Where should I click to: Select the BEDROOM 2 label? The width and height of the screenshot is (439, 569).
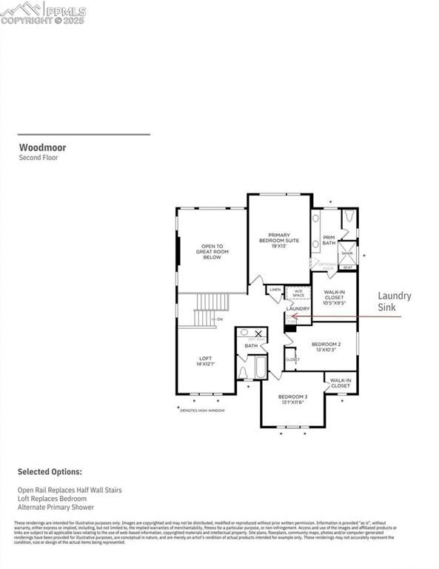326,346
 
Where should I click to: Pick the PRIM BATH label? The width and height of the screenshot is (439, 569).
329,240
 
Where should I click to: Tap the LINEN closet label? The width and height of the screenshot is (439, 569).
275,290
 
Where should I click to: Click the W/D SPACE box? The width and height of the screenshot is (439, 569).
298,293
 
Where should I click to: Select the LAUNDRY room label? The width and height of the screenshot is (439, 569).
298,307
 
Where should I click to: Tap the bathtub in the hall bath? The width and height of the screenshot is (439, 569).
260,367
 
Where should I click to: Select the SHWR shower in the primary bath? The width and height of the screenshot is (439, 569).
347,253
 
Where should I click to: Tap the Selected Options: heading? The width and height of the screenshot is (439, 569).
50,472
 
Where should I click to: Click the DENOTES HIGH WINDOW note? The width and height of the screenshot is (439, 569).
202,410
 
